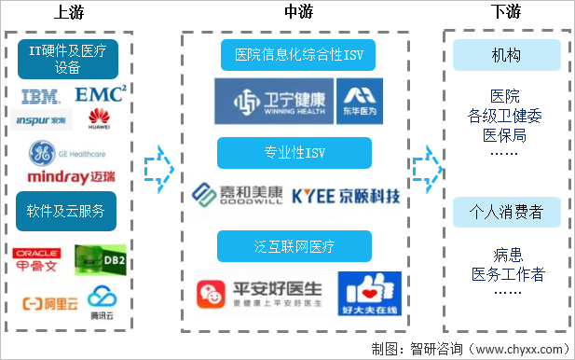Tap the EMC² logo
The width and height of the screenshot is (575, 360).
100,94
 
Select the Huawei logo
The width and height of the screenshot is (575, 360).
98,118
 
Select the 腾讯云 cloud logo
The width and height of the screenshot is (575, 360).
100,300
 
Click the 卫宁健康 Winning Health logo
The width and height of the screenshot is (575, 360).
272,102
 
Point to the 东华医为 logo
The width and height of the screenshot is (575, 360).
357,102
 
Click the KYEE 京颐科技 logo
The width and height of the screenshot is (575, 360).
345,196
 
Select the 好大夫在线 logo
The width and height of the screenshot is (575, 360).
368,295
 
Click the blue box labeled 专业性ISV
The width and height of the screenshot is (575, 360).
294,153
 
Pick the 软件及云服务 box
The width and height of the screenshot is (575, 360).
67,210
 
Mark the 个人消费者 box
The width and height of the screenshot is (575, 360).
506,213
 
